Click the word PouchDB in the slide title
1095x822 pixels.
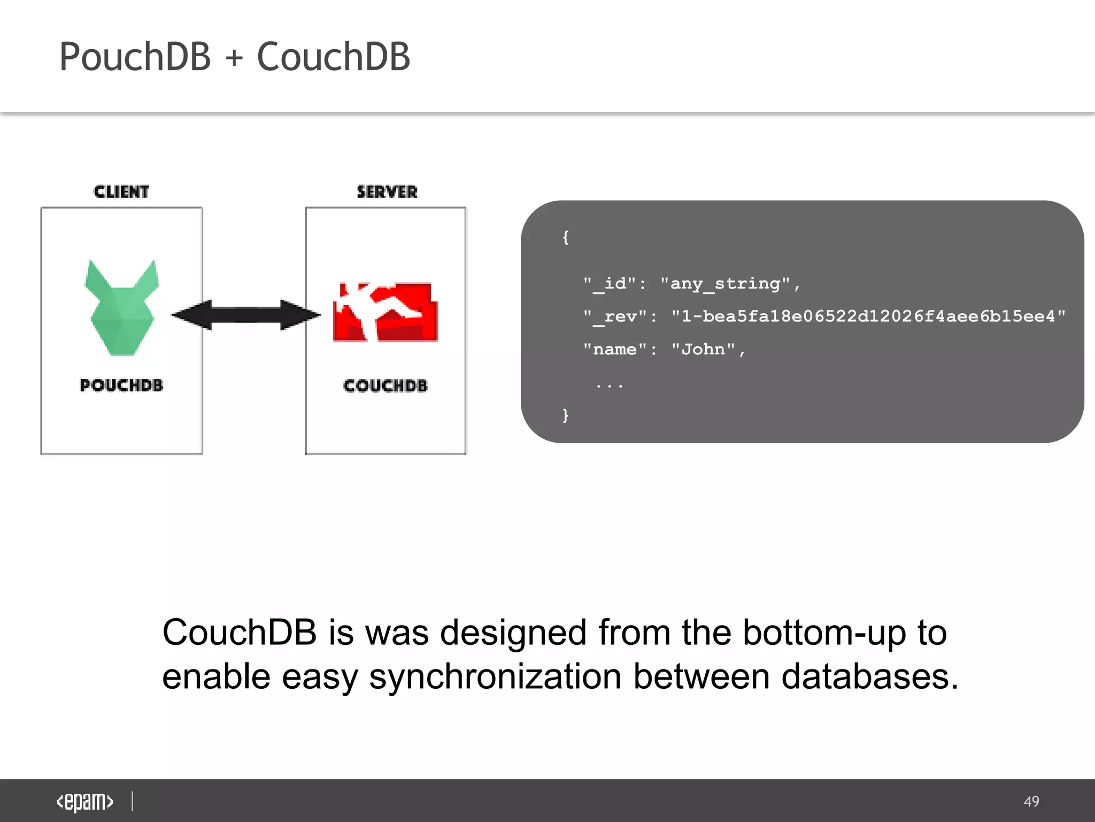135,57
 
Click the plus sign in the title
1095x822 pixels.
234,58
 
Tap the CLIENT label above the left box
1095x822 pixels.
121,192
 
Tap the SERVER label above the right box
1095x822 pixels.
387,192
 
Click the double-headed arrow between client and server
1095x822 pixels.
246,315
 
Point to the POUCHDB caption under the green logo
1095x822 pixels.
121,385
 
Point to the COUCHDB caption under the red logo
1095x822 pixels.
385,386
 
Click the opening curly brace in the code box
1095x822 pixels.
566,237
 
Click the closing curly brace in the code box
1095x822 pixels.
566,415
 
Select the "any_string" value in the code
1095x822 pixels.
725,284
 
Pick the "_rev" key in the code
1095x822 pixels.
615,316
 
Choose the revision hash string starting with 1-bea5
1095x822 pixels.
868,316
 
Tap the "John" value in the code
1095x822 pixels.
703,349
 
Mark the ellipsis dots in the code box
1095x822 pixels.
610,384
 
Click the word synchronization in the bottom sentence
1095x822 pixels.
495,676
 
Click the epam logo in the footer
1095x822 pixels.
84,802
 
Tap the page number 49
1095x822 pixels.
1031,801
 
